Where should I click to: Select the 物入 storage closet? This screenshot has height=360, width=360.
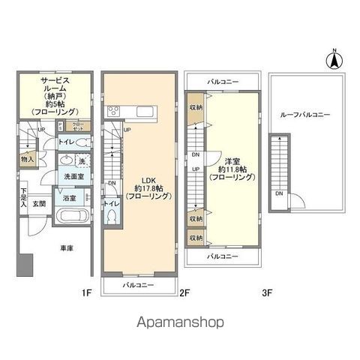(x=27, y=160)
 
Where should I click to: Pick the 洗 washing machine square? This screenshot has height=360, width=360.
(x=82, y=161)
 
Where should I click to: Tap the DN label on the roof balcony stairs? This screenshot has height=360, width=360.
(x=278, y=193)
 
